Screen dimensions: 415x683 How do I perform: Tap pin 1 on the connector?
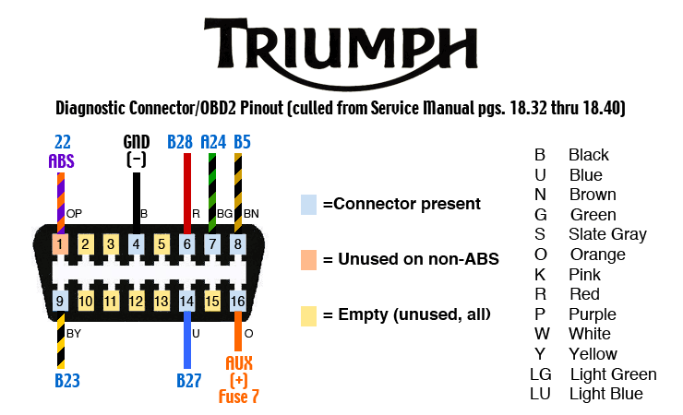(60, 244)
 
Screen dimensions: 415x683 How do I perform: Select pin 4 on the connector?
(136, 244)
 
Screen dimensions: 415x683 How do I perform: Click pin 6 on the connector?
(187, 244)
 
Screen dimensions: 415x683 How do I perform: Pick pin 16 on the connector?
(238, 301)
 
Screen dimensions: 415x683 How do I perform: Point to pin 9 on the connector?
(60, 301)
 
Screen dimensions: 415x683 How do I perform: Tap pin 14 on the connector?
(187, 301)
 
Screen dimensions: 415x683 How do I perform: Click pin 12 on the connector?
(136, 301)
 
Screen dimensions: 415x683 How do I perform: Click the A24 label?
(213, 142)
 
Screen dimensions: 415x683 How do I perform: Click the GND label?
(136, 142)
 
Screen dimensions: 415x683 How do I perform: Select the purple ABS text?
(61, 160)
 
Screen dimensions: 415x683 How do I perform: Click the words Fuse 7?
(239, 397)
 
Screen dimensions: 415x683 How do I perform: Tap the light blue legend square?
(309, 204)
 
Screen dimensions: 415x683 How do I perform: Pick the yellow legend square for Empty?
(309, 315)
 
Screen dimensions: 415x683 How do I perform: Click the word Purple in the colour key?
(591, 314)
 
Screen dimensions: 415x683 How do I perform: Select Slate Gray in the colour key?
(607, 234)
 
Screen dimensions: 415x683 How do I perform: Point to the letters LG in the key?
(540, 374)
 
